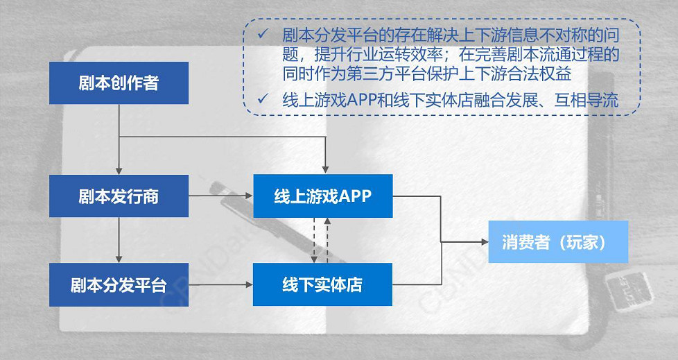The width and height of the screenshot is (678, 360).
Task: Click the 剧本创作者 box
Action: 119,83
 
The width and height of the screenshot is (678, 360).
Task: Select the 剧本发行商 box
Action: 119,196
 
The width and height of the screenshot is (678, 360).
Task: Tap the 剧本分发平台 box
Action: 119,284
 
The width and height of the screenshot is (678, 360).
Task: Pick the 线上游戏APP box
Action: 323,196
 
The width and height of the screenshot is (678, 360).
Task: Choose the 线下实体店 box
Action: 323,284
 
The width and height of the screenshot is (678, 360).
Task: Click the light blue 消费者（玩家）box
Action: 558,242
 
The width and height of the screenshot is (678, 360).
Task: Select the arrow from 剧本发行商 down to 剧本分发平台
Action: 119,239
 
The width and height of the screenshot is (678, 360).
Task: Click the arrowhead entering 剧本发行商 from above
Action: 119,170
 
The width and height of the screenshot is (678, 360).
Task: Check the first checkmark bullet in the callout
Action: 261,34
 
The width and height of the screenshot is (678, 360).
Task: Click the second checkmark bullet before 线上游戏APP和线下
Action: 261,99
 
